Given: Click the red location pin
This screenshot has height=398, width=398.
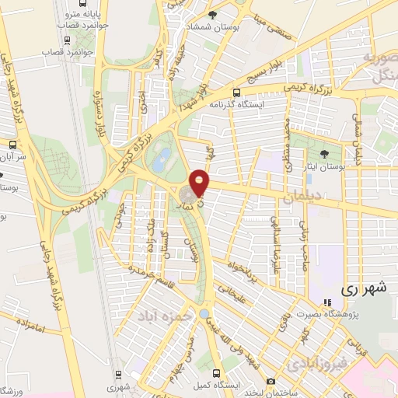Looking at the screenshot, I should click(x=200, y=182).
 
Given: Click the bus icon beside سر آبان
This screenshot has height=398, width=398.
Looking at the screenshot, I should click(x=12, y=145).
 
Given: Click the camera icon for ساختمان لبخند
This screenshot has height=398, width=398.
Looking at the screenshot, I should click(x=271, y=381).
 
